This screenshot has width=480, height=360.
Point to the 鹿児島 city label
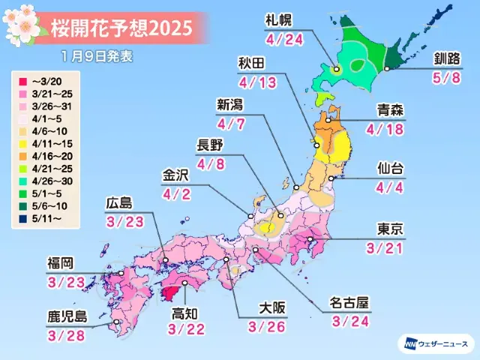tap(65, 316)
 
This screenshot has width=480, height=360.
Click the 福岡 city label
tap(58, 263)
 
